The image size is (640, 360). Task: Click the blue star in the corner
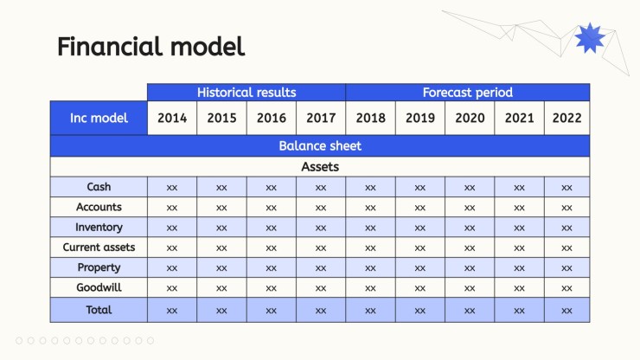[x=590, y=37]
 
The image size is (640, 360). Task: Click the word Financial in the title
[x=110, y=46]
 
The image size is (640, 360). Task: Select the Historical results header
[x=246, y=93]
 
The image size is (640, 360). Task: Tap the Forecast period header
[x=468, y=93]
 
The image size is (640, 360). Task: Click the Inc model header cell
[x=99, y=118]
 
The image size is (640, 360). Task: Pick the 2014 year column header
[x=172, y=118]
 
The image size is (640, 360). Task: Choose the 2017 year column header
[x=321, y=118]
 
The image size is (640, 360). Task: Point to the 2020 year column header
[x=470, y=118]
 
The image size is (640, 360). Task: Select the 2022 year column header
[x=567, y=118]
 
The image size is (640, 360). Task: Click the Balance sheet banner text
[x=320, y=146]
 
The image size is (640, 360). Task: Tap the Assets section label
[x=320, y=167]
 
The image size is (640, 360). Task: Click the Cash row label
[x=99, y=187]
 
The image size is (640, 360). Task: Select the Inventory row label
[x=99, y=228]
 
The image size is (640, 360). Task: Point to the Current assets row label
[x=99, y=247]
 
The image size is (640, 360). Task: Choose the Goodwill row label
[x=99, y=287]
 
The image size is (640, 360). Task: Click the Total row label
[x=99, y=310]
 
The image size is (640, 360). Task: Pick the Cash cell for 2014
[x=172, y=187]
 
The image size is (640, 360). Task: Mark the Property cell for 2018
[x=371, y=267]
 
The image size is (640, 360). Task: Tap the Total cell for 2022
[x=567, y=310]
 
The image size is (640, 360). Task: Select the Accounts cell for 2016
[x=272, y=207]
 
